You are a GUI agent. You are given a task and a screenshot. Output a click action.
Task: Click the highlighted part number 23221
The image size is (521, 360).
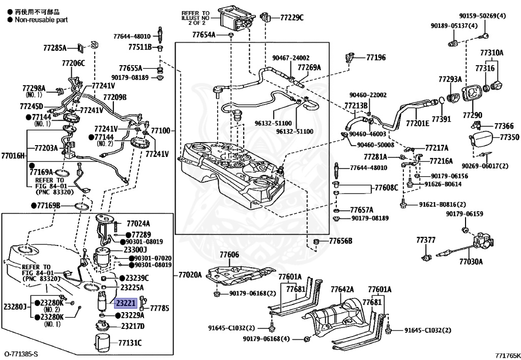[126, 303]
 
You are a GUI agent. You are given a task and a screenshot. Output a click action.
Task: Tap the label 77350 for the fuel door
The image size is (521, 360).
[509, 137]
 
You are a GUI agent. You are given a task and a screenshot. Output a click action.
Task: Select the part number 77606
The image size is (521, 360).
[229, 255]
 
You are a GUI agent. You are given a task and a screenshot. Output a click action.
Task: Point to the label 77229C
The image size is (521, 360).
[292, 18]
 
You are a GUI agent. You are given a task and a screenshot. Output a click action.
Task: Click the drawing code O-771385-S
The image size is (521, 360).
[21, 354]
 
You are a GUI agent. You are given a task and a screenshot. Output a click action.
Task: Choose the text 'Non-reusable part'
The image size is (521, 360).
[41, 20]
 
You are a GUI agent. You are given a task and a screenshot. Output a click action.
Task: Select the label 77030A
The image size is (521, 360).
[471, 262]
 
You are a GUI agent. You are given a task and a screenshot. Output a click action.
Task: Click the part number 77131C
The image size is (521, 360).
[130, 343]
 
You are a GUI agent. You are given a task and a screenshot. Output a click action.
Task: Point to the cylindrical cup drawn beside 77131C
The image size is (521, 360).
[104, 343]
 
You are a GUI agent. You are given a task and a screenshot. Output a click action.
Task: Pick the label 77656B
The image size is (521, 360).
[340, 241]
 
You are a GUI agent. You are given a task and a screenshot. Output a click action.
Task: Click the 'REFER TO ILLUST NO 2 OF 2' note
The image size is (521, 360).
[195, 18]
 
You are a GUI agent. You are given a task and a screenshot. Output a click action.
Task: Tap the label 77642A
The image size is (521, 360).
[342, 290]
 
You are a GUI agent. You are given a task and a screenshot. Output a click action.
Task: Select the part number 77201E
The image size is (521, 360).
[418, 123]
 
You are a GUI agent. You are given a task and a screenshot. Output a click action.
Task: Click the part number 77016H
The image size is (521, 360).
[13, 155]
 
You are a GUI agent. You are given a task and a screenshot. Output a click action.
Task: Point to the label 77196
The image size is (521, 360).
[376, 58]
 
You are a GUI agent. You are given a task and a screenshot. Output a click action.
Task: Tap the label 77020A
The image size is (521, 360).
[190, 274]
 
